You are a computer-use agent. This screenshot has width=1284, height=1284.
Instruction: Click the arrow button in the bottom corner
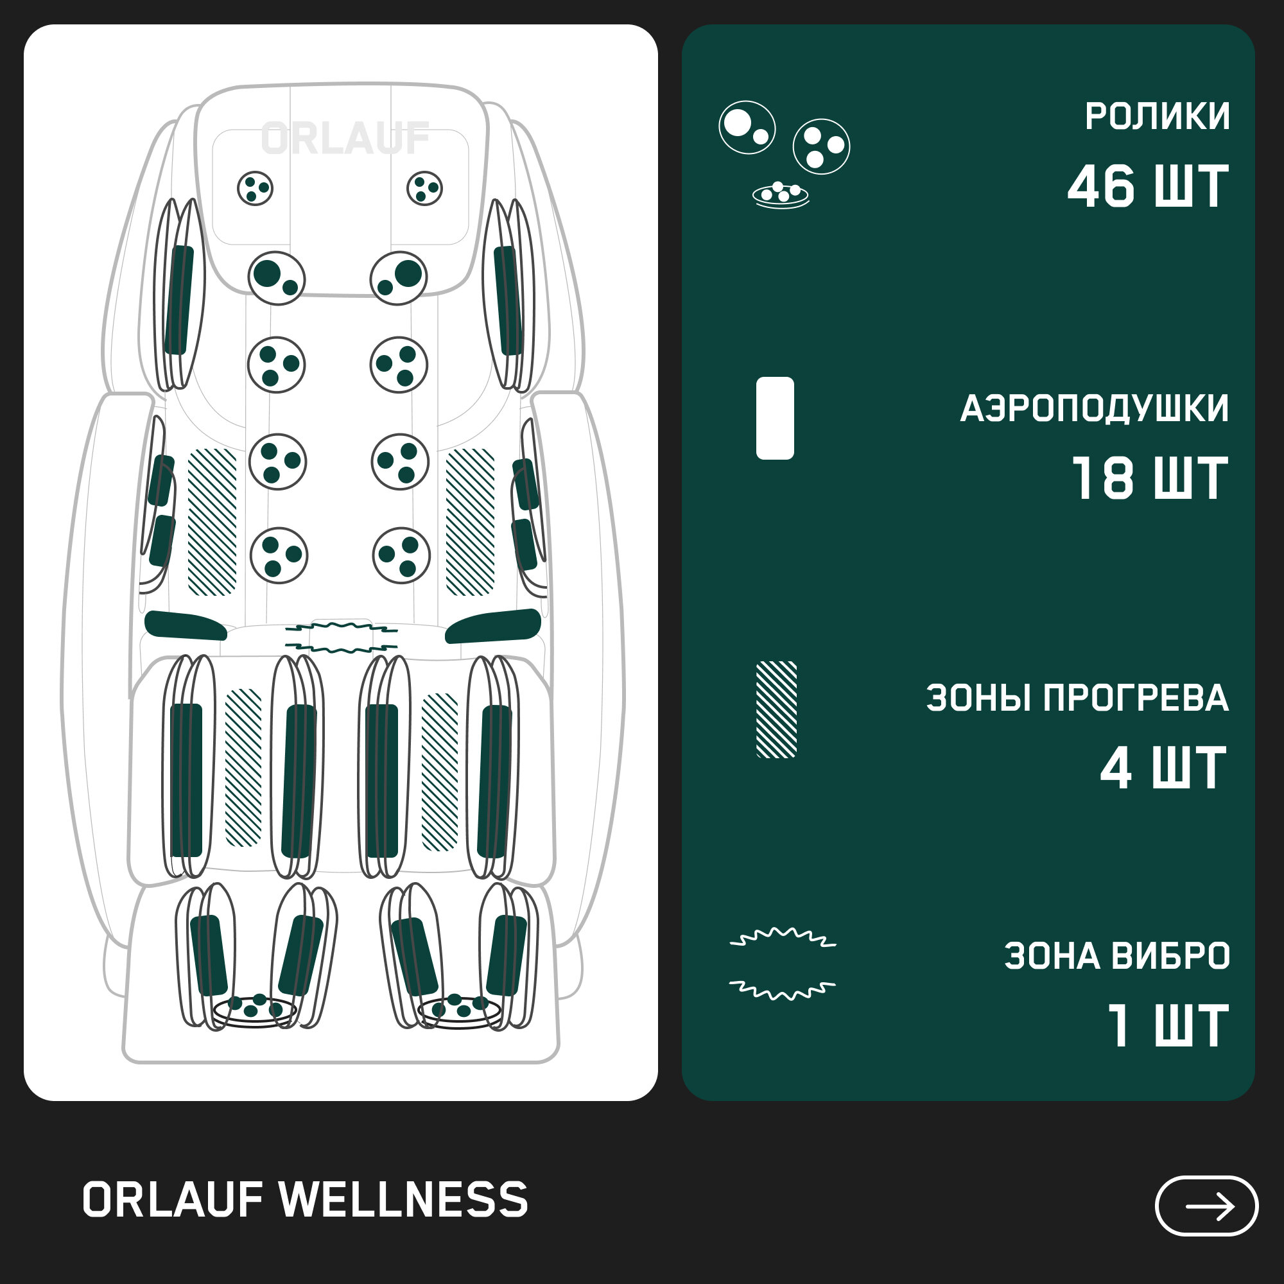click(x=1206, y=1206)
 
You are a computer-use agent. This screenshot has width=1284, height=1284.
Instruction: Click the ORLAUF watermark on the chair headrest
click(x=345, y=139)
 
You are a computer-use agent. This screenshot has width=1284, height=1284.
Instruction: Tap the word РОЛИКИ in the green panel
click(x=1157, y=117)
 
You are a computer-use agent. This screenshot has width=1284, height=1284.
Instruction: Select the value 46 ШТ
click(x=1148, y=187)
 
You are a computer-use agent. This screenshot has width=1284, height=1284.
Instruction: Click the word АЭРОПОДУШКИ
click(x=1094, y=408)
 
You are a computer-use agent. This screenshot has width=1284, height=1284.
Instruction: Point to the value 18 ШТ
click(x=1149, y=478)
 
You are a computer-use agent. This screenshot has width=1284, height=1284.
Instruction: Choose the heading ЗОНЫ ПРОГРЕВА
click(x=1077, y=698)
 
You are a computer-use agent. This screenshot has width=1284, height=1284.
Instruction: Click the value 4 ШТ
click(x=1163, y=768)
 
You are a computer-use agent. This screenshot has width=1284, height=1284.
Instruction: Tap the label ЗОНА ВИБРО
click(x=1116, y=957)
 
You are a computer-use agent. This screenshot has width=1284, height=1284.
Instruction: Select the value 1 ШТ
click(x=1167, y=1026)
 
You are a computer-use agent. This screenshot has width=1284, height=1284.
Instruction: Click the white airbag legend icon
click(x=775, y=418)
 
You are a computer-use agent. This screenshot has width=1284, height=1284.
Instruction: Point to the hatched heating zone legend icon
click(x=776, y=710)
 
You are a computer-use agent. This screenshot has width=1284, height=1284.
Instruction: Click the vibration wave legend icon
click(x=783, y=963)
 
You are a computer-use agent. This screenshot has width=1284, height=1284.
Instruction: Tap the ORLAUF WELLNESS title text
click(x=305, y=1201)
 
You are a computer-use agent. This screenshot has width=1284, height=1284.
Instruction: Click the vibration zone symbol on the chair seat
click(x=341, y=637)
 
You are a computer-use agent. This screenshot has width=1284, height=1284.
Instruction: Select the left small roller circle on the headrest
click(x=256, y=188)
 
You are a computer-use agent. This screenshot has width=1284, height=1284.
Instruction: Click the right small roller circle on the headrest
click(x=424, y=188)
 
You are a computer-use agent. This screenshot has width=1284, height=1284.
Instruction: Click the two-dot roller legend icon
click(x=747, y=128)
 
